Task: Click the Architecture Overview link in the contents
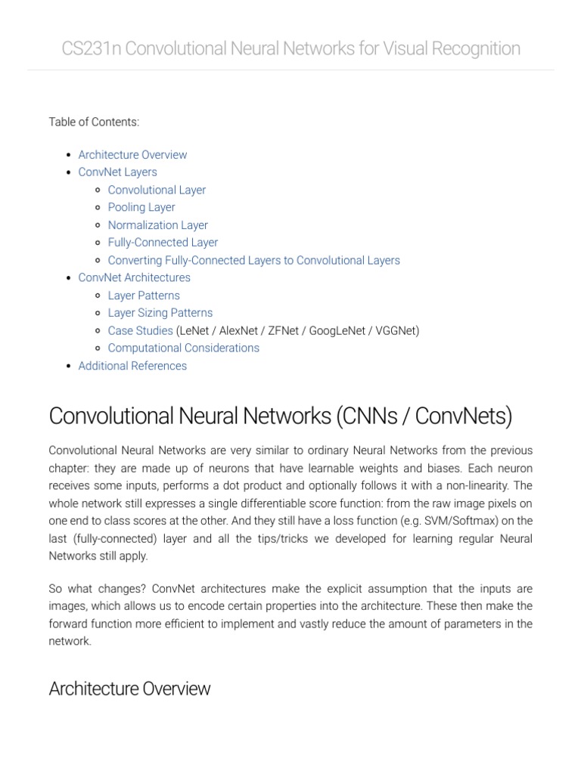click(x=132, y=155)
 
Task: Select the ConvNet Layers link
click(x=117, y=172)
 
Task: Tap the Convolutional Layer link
click(x=157, y=190)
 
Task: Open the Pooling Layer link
click(x=141, y=208)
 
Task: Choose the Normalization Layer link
click(x=157, y=225)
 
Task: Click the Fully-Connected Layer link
click(x=163, y=243)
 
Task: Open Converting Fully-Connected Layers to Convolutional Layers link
click(x=253, y=261)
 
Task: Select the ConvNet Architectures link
click(x=134, y=278)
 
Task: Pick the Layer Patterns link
click(x=144, y=296)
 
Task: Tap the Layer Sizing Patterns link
click(x=160, y=313)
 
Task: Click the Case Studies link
click(x=140, y=331)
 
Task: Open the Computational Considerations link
click(x=183, y=348)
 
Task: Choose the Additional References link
click(x=132, y=366)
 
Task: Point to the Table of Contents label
click(x=94, y=122)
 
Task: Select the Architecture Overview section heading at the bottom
click(x=129, y=689)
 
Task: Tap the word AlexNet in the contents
click(x=238, y=331)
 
